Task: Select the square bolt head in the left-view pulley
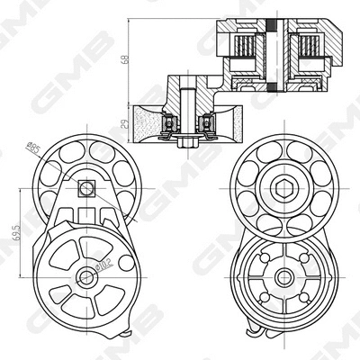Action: (86, 188)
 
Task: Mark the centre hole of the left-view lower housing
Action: (85, 275)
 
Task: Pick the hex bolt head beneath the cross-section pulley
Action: (188, 142)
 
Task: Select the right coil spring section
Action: (308, 46)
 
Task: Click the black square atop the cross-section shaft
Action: (276, 22)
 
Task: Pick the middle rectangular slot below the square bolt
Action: (86, 215)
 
